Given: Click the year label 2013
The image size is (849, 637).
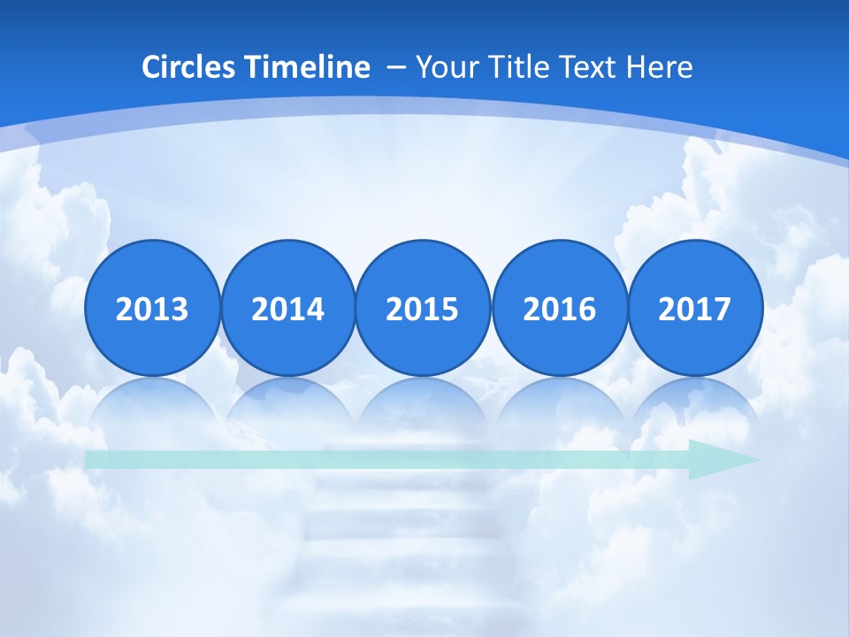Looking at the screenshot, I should click(152, 309).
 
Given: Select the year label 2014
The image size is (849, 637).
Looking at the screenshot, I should click(287, 309).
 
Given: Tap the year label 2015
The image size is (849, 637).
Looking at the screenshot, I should click(423, 309).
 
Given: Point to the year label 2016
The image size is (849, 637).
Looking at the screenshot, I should click(559, 309).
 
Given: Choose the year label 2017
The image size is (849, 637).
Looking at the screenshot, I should click(694, 309).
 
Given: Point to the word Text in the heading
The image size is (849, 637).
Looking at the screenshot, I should click(589, 67).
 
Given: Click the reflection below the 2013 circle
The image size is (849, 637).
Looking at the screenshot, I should click(152, 403).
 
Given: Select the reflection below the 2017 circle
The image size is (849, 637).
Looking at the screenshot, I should click(694, 403).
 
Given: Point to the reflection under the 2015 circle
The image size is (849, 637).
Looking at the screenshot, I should click(423, 403).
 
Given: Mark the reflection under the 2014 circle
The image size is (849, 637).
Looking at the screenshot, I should click(287, 403).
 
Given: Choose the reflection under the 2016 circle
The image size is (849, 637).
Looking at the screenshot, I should click(559, 403).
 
